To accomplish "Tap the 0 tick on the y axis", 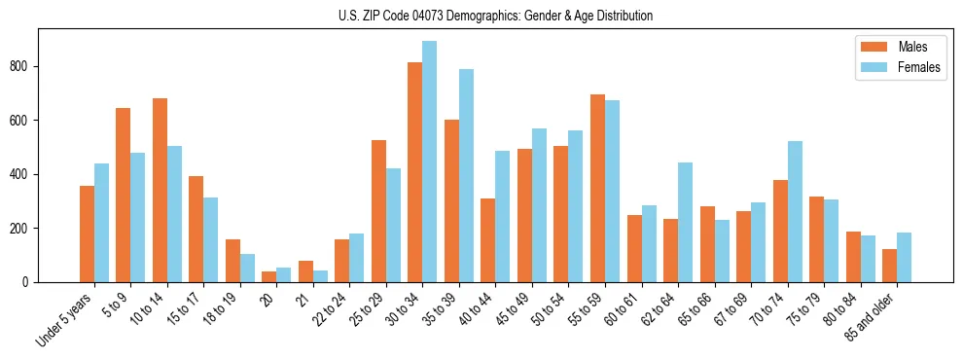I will coord(28,282).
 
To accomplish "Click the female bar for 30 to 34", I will coord(430,162).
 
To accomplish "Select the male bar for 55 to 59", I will coord(597,189).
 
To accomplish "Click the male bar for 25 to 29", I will coord(378,211).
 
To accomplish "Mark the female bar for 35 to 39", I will coord(466,176).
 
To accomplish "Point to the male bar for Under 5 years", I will coord(87,234).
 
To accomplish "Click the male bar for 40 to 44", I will coord(488,240).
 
